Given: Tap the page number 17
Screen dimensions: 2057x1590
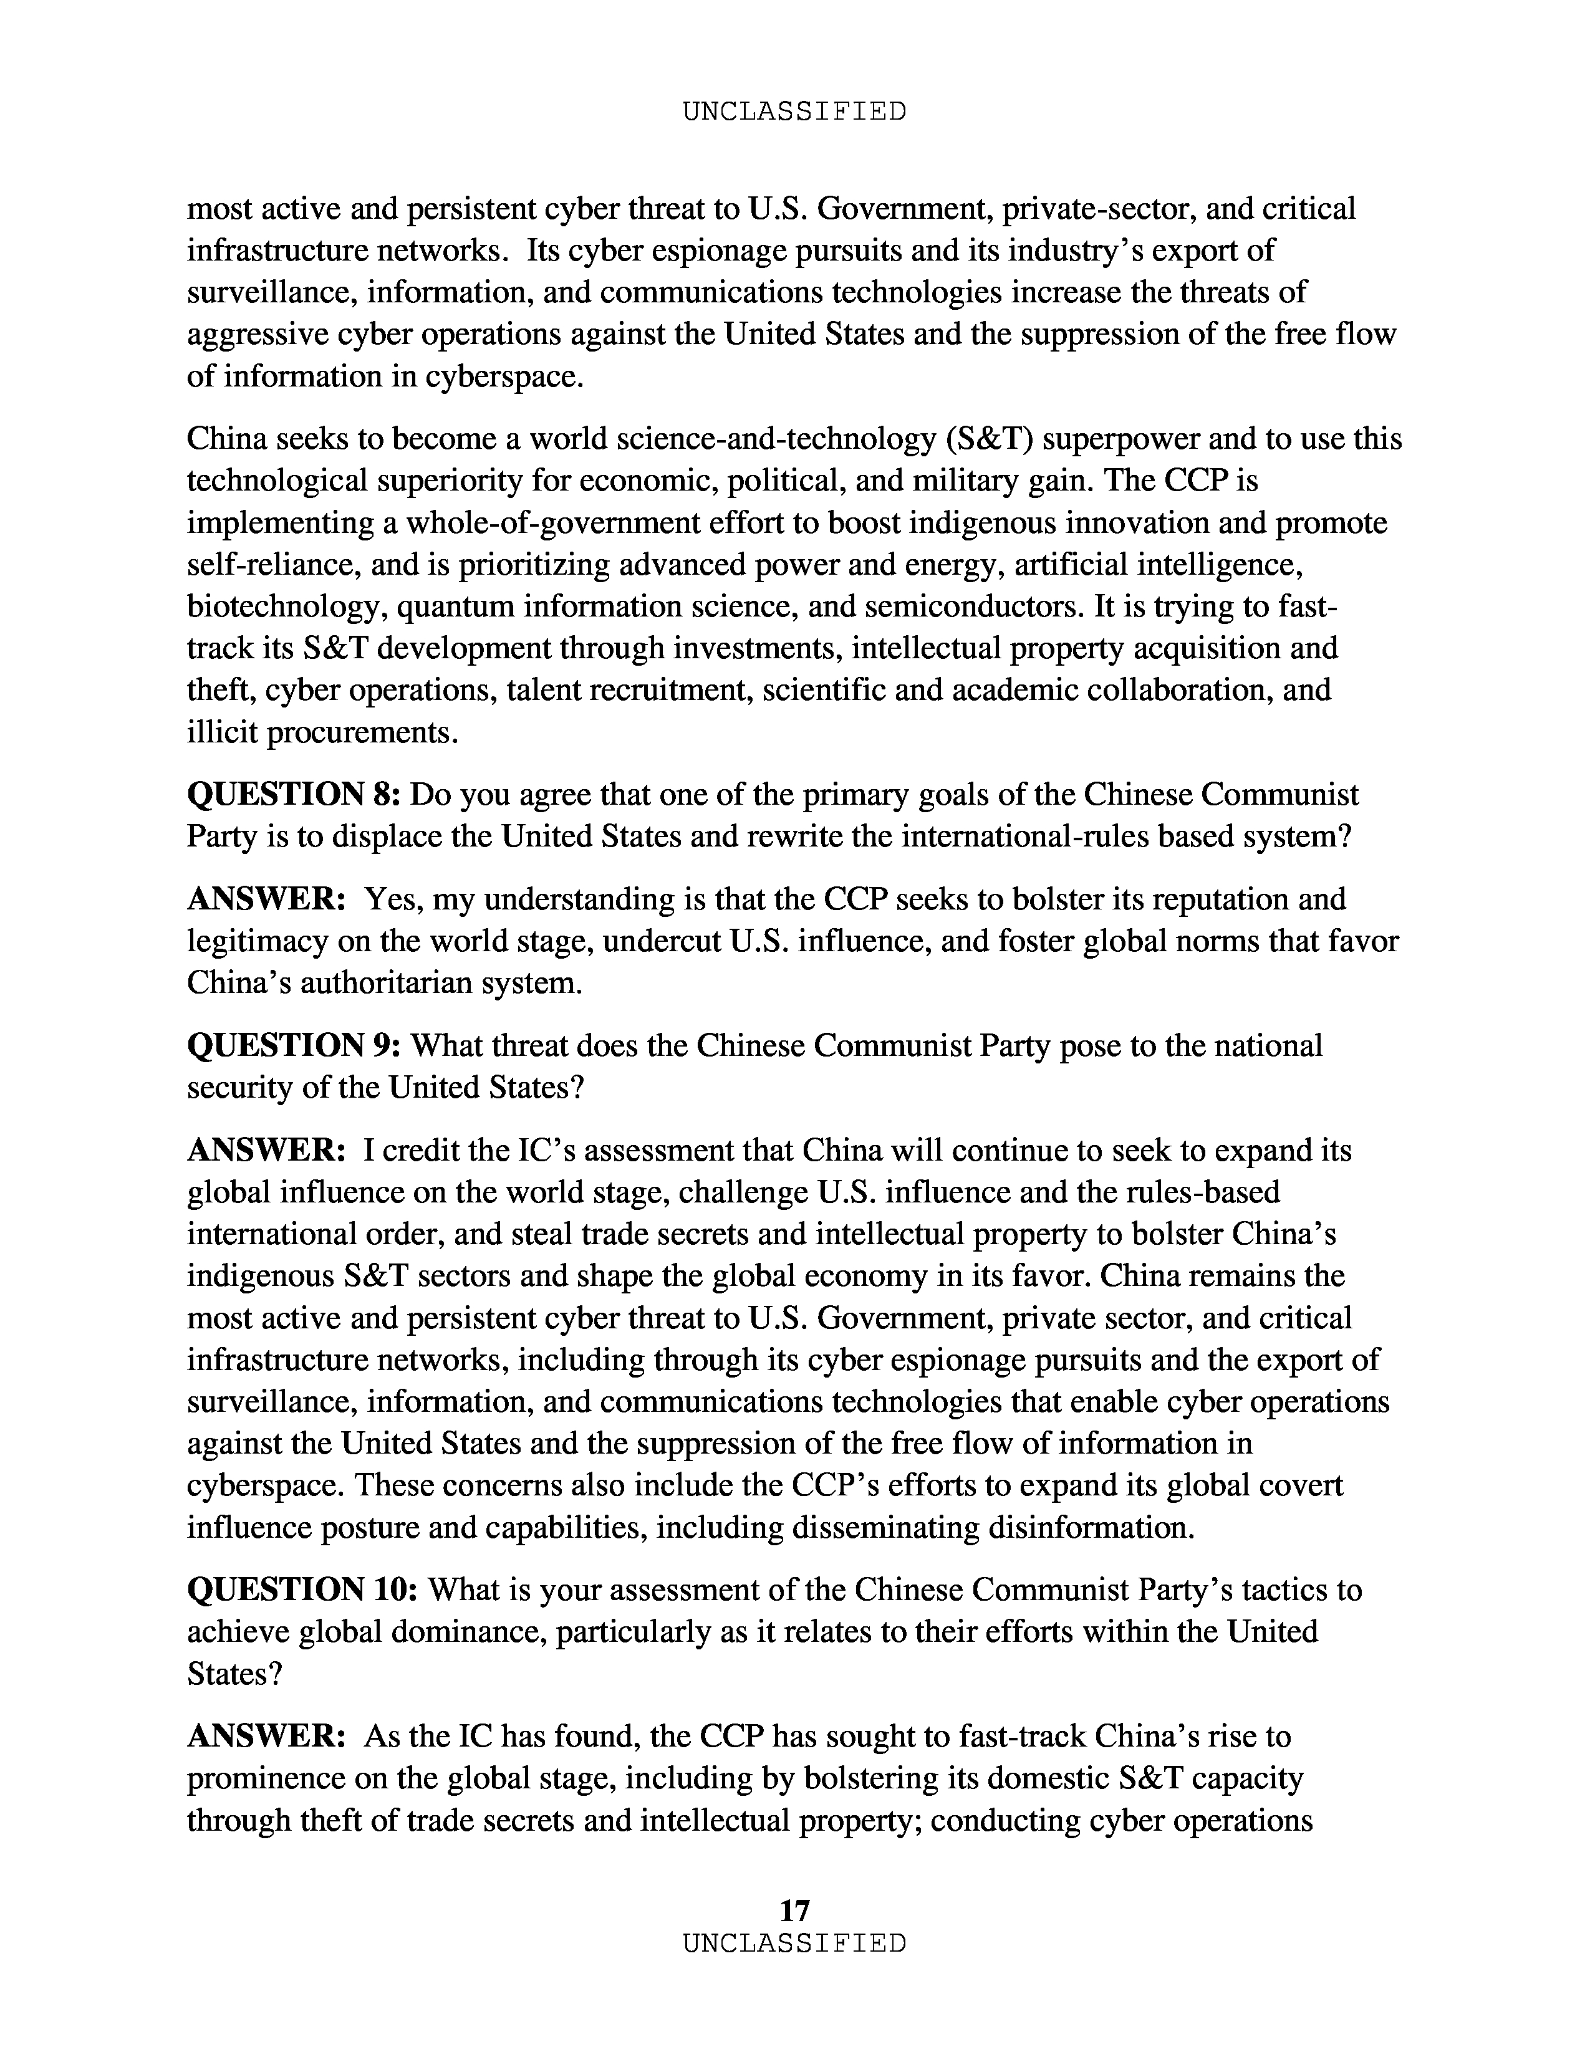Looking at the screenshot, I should (794, 1910).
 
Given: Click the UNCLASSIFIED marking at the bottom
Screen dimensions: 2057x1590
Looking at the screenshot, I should (794, 1943).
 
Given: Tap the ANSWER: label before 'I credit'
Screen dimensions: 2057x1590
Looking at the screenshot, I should (267, 1151).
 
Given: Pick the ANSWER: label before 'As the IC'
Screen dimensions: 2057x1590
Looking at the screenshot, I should (267, 1736).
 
